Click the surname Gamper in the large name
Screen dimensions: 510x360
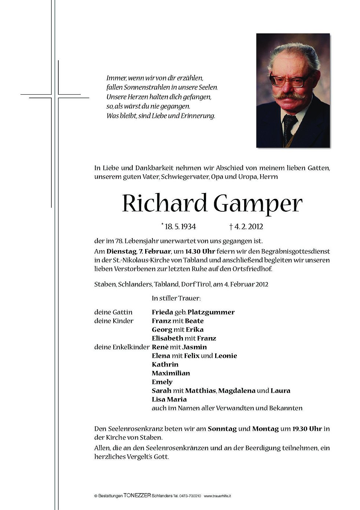click(258, 204)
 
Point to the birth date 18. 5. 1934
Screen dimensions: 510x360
click(180, 227)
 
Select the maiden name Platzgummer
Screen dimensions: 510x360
click(211, 312)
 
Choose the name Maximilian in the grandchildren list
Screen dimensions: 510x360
click(171, 373)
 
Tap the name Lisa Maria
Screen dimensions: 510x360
click(169, 399)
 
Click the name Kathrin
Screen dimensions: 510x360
click(165, 364)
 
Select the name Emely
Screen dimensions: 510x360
click(162, 382)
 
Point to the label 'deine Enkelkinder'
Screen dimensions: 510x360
click(122, 347)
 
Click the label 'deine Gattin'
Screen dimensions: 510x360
click(113, 312)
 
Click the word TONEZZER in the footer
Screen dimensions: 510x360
click(137, 496)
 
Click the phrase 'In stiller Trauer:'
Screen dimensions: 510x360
click(176, 298)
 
